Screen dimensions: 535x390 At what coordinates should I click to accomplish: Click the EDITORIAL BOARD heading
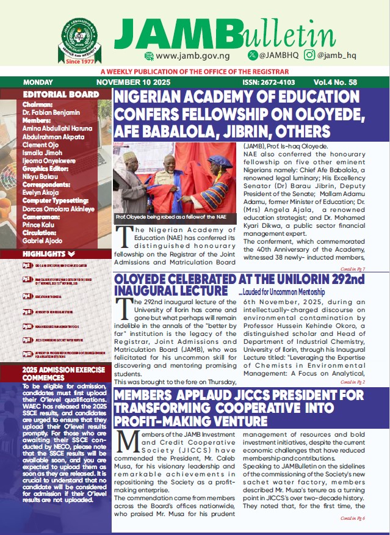60,95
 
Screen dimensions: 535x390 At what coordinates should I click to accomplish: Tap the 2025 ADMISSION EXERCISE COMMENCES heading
55,374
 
